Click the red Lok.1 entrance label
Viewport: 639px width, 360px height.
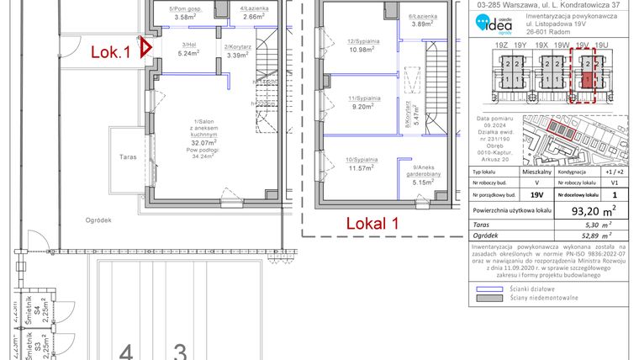pos(110,51)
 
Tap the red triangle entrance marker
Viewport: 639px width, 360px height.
pos(145,50)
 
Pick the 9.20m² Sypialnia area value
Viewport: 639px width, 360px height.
pos(364,107)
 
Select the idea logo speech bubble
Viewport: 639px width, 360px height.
pos(482,26)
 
